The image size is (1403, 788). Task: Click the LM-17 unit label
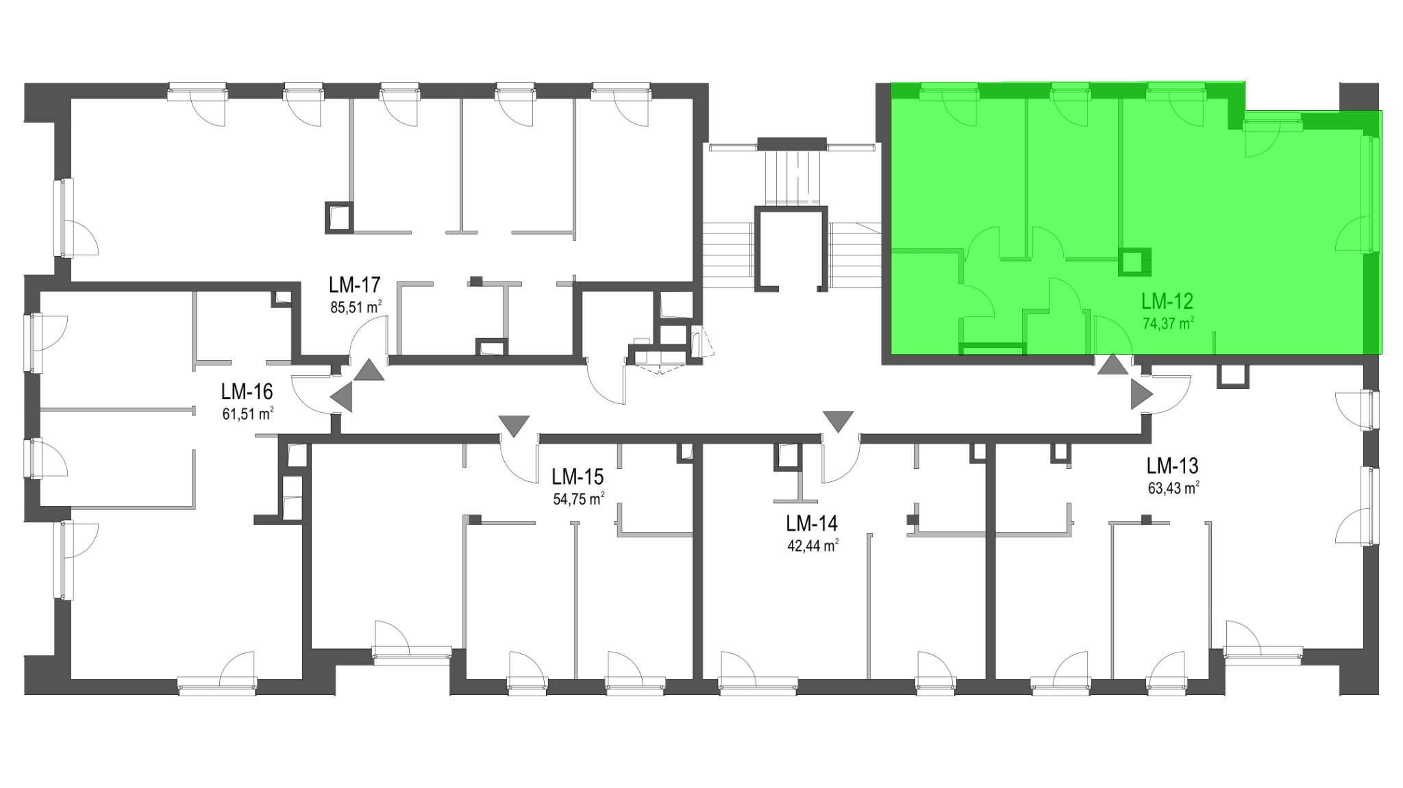pyautogui.click(x=354, y=284)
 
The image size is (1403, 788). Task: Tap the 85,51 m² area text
pyautogui.click(x=356, y=307)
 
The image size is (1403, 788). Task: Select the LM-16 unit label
pyautogui.click(x=247, y=392)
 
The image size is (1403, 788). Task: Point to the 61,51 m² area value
pyautogui.click(x=248, y=414)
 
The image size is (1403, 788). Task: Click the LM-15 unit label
pyautogui.click(x=578, y=476)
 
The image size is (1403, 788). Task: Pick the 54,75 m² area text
pyautogui.click(x=578, y=499)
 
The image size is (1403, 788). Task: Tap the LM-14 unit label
pyautogui.click(x=812, y=524)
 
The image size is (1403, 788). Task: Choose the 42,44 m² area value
pyautogui.click(x=813, y=546)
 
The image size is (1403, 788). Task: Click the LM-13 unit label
pyautogui.click(x=1173, y=466)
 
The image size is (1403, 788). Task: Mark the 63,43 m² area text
pyautogui.click(x=1174, y=489)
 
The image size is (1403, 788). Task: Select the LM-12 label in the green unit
pyautogui.click(x=1167, y=301)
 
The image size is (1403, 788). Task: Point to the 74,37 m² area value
pyautogui.click(x=1168, y=323)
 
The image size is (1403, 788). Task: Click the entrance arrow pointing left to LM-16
pyautogui.click(x=342, y=396)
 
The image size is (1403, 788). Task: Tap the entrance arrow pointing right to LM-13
pyautogui.click(x=1141, y=394)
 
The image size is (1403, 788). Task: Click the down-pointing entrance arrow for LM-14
pyautogui.click(x=838, y=422)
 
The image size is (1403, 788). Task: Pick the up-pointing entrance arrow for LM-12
pyautogui.click(x=1113, y=365)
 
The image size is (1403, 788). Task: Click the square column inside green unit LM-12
pyautogui.click(x=1134, y=262)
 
